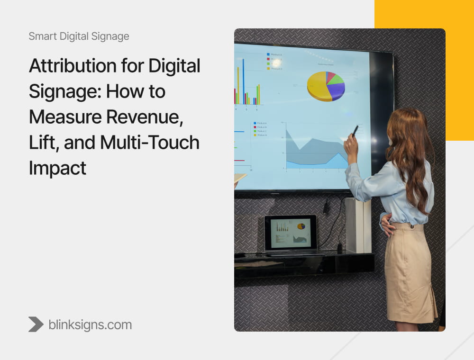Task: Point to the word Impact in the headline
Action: point(57,168)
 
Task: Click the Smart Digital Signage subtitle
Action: point(79,36)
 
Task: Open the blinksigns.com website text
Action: point(90,324)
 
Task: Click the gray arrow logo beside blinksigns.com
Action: point(36,324)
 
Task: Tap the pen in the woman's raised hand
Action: point(355,131)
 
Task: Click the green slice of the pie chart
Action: point(336,79)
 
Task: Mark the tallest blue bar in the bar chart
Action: point(244,81)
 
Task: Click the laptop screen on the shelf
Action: point(290,233)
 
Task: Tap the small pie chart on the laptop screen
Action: point(301,226)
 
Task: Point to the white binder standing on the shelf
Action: point(358,225)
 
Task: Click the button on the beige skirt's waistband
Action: point(419,228)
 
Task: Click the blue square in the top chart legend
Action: point(268,54)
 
